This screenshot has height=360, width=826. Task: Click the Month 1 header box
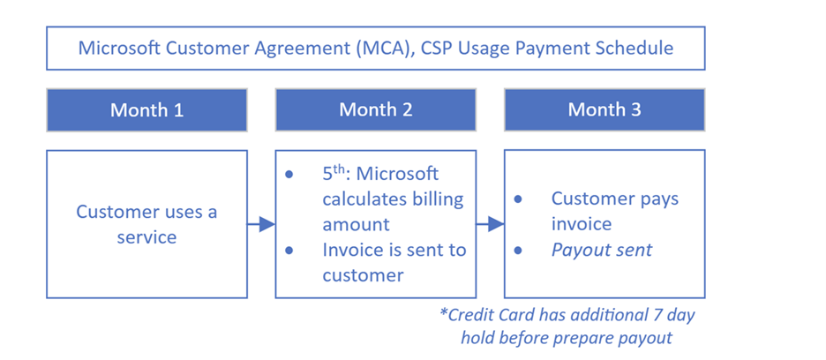(x=147, y=109)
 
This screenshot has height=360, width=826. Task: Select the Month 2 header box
(x=376, y=109)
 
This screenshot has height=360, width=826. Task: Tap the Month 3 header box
(x=604, y=109)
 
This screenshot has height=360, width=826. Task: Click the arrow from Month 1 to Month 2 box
(x=261, y=224)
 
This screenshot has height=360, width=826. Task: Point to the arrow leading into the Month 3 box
(x=491, y=224)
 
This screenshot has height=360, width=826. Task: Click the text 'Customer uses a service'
(x=147, y=224)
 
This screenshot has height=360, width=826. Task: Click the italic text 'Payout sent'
(x=602, y=250)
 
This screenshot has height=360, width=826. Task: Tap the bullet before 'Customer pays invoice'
(x=518, y=199)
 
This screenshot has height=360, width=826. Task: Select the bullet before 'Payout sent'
(x=518, y=251)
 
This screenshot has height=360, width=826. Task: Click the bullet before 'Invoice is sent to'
(x=289, y=251)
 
